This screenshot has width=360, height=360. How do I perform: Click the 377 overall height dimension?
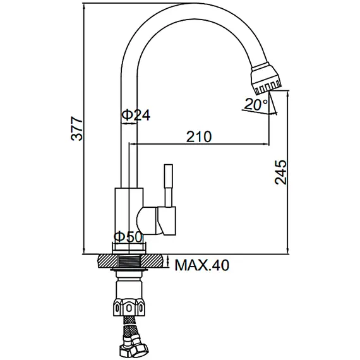click(x=75, y=129)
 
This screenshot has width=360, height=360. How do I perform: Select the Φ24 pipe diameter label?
click(x=135, y=115)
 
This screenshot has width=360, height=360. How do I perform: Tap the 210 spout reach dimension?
click(x=198, y=136)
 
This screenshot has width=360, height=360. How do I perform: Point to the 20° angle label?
click(x=256, y=105)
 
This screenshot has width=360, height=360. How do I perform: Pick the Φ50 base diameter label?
click(x=128, y=237)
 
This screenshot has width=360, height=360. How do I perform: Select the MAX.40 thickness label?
click(x=202, y=265)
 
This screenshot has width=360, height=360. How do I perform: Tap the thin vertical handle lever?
click(x=169, y=183)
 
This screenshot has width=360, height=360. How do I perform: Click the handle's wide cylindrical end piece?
click(x=169, y=221)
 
